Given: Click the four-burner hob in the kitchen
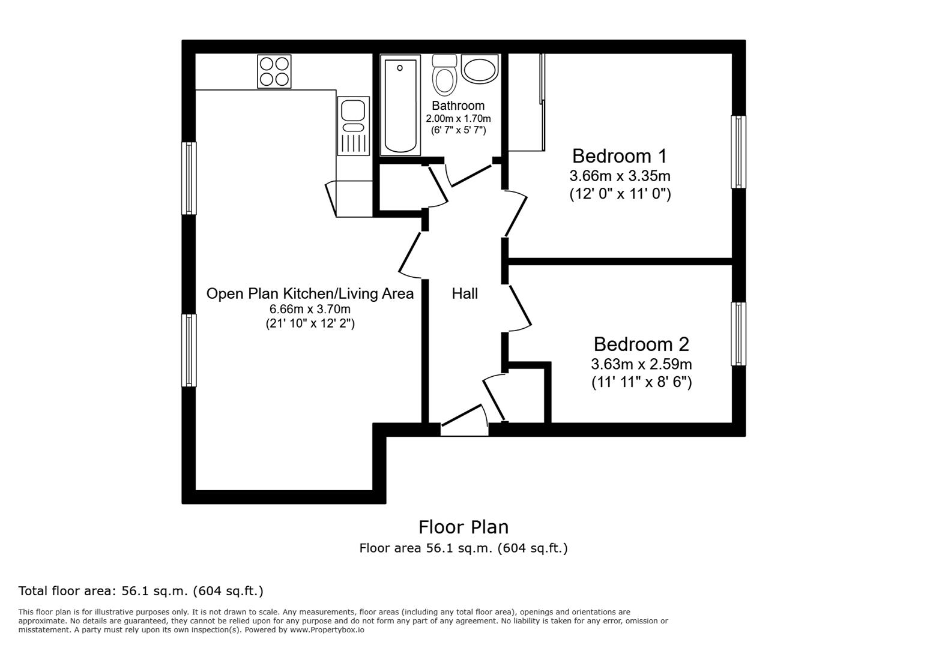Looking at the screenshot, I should (274, 71).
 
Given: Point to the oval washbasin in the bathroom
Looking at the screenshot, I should (480, 69).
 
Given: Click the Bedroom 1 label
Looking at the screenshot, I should (619, 156).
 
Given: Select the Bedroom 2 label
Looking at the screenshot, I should (641, 344).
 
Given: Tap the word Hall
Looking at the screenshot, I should (465, 293).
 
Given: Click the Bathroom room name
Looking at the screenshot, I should (458, 106).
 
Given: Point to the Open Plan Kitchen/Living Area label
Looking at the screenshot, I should (310, 293).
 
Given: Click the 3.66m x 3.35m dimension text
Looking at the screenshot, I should (620, 176).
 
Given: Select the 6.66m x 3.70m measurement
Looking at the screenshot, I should (310, 310).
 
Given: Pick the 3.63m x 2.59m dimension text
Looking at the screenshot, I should (641, 364).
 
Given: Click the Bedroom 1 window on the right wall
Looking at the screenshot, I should (738, 152).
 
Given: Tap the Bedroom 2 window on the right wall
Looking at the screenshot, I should (738, 334).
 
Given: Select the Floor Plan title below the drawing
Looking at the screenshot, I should (463, 527).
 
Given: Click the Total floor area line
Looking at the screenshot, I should (141, 591).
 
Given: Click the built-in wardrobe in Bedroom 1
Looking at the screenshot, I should (526, 102).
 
